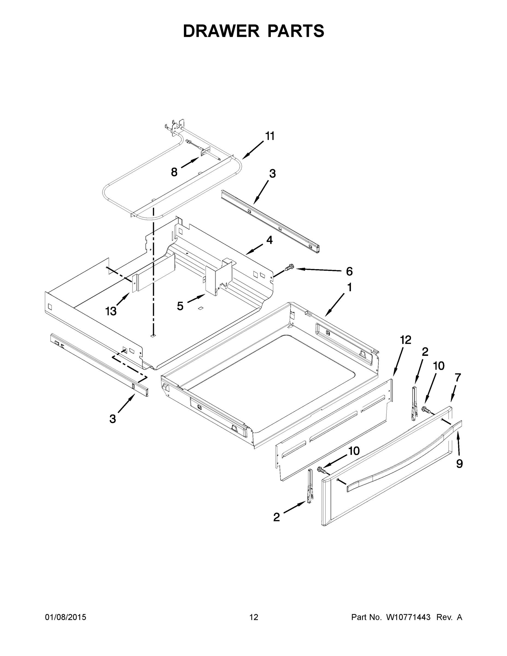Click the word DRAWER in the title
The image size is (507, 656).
pyautogui.click(x=221, y=31)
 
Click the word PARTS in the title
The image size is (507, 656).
pyautogui.click(x=295, y=31)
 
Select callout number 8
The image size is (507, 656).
pyautogui.click(x=174, y=172)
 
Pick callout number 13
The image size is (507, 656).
pyautogui.click(x=111, y=311)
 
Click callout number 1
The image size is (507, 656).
pyautogui.click(x=349, y=288)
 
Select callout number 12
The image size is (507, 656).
pyautogui.click(x=406, y=340)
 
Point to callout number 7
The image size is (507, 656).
pyautogui.click(x=458, y=377)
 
